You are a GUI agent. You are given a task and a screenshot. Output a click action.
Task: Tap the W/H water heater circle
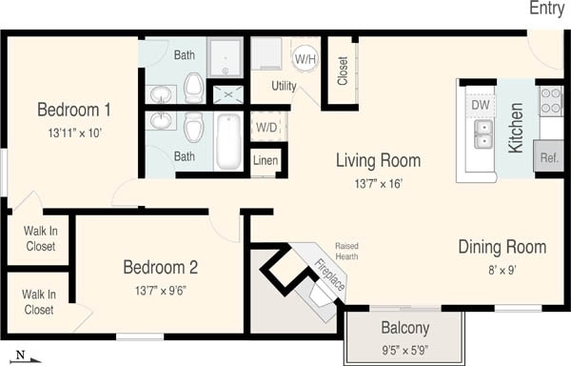tap(305, 59)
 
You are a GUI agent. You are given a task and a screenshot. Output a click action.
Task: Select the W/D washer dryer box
tap(266, 126)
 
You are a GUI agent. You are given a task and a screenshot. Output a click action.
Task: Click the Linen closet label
tap(266, 161)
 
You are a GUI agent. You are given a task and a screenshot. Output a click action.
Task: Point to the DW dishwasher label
tap(480, 104)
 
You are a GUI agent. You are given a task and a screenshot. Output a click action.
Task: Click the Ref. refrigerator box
tap(549, 157)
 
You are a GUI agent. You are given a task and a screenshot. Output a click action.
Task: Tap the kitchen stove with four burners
tap(551, 100)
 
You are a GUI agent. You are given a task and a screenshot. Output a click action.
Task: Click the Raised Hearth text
tap(346, 251)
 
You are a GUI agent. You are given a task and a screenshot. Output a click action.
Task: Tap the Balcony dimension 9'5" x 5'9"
tap(404, 350)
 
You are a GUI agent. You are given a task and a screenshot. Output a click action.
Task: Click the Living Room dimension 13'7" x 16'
tap(377, 183)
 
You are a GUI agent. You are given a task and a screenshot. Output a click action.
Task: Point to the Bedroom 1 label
tap(74, 108)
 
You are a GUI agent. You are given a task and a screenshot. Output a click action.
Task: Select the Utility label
tap(284, 87)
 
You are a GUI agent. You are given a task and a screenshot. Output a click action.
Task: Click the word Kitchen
tap(516, 129)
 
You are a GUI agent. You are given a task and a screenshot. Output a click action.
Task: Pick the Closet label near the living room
tap(343, 69)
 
